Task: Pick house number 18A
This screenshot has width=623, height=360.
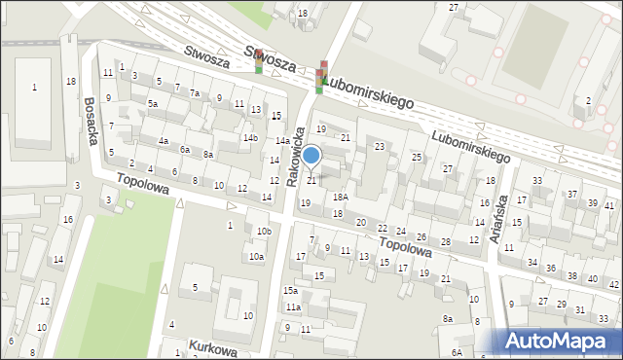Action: [x=340, y=197]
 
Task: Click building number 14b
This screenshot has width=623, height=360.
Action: [x=250, y=137]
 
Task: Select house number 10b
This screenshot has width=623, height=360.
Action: [x=264, y=231]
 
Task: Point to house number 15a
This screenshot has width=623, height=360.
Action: [x=290, y=290]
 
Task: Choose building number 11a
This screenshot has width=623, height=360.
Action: [x=292, y=307]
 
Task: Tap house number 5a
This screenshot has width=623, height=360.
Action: [x=152, y=103]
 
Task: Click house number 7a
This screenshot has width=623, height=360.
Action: [x=195, y=93]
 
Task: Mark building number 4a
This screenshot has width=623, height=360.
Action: [x=164, y=141]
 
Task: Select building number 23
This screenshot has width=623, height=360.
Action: [x=379, y=146]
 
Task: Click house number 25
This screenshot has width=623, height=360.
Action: [x=416, y=157]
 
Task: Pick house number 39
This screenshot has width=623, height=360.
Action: [x=593, y=202]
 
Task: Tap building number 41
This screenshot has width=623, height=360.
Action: [x=609, y=205]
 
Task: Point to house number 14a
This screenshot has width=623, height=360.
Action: [x=280, y=141]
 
